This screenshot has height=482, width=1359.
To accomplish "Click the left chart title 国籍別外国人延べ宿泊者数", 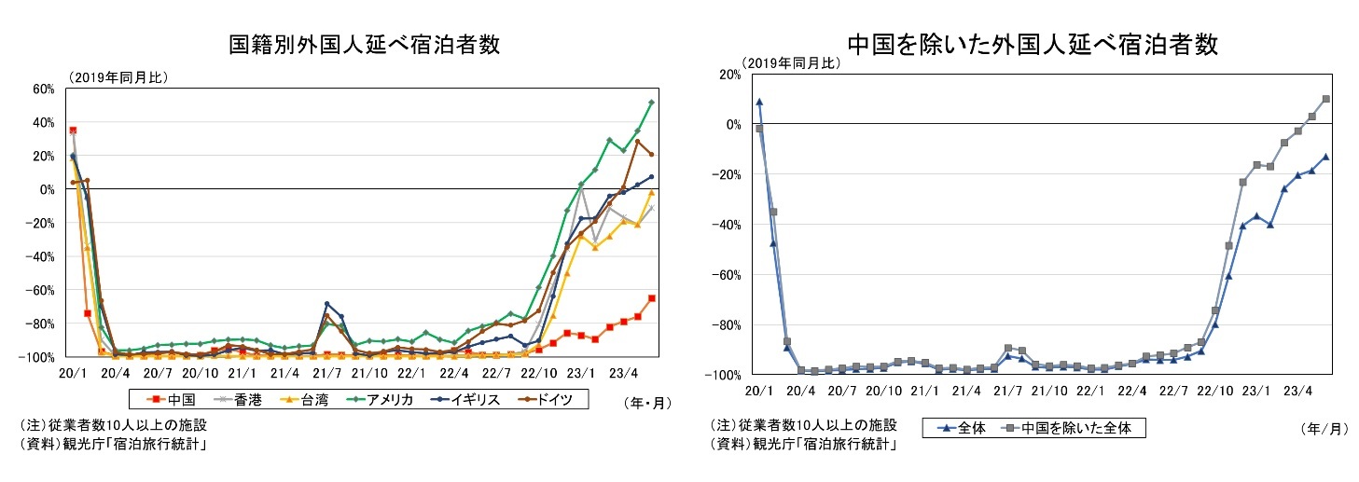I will pos(357,43).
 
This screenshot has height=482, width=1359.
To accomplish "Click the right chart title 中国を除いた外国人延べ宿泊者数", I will pos(1033,43).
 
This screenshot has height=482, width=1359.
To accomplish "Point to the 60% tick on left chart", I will pos(44,89).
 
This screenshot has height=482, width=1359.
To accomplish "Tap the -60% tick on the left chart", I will pos(41,290).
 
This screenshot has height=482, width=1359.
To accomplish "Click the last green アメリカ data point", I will pos(651,103).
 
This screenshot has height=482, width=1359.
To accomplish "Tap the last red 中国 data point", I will pos(651,298).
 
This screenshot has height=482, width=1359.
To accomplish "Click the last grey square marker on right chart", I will pos(1325,99).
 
